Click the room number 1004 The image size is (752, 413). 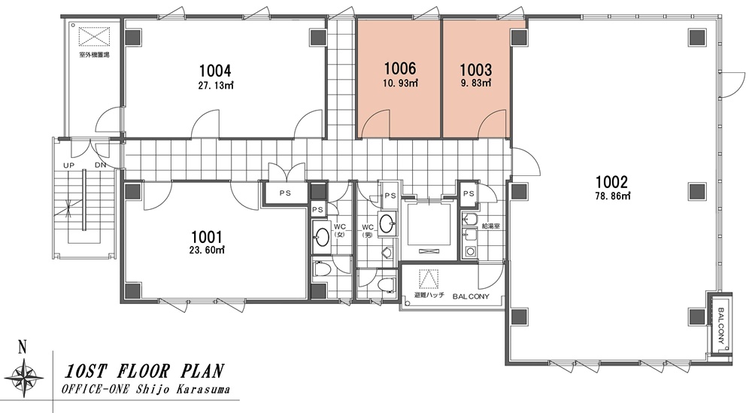[215, 71]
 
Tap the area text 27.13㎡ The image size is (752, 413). [215, 87]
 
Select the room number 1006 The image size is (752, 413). [400, 68]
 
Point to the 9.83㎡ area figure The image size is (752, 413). [475, 83]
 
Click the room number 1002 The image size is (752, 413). [611, 182]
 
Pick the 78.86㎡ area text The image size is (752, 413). [612, 196]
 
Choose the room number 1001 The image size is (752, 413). [207, 237]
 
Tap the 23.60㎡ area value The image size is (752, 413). [208, 250]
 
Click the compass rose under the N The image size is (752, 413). [22, 375]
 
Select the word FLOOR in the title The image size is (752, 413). [143, 372]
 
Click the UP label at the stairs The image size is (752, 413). [69, 166]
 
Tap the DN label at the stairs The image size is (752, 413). [100, 166]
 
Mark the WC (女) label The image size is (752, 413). [340, 230]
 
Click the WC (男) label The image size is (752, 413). [368, 230]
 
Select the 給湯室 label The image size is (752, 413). [491, 226]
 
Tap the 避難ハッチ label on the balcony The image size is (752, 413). [429, 296]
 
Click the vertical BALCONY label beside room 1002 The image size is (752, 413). [722, 326]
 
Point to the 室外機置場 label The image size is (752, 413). [95, 55]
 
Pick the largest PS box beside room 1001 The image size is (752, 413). [285, 193]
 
